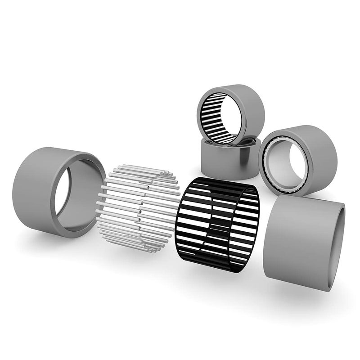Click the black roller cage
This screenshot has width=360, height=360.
click(218, 225)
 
